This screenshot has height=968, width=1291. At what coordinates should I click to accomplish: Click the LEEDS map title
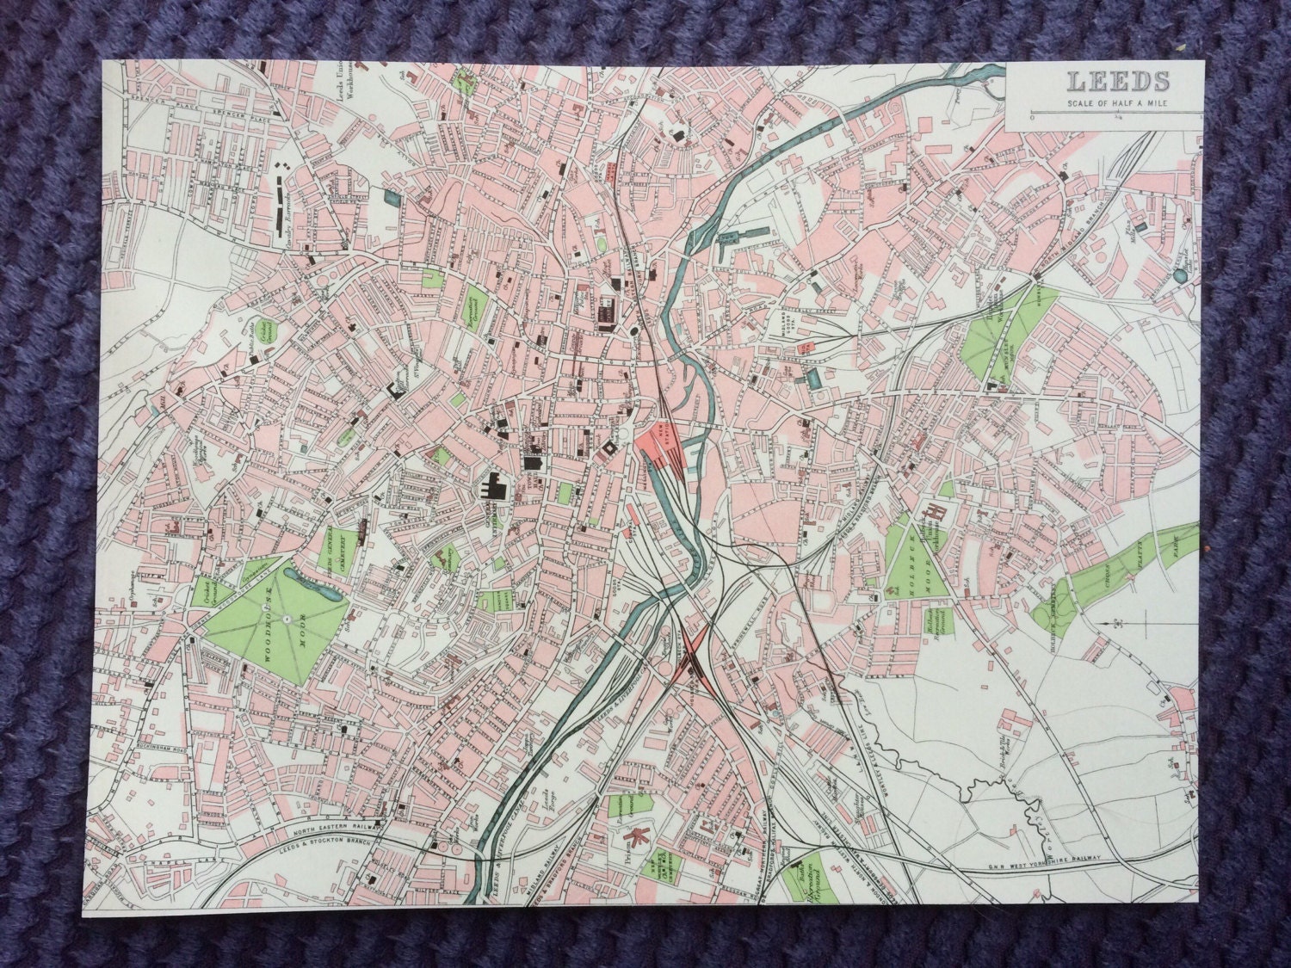[1118, 83]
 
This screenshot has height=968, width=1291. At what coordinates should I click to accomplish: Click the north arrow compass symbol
[1120, 621]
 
